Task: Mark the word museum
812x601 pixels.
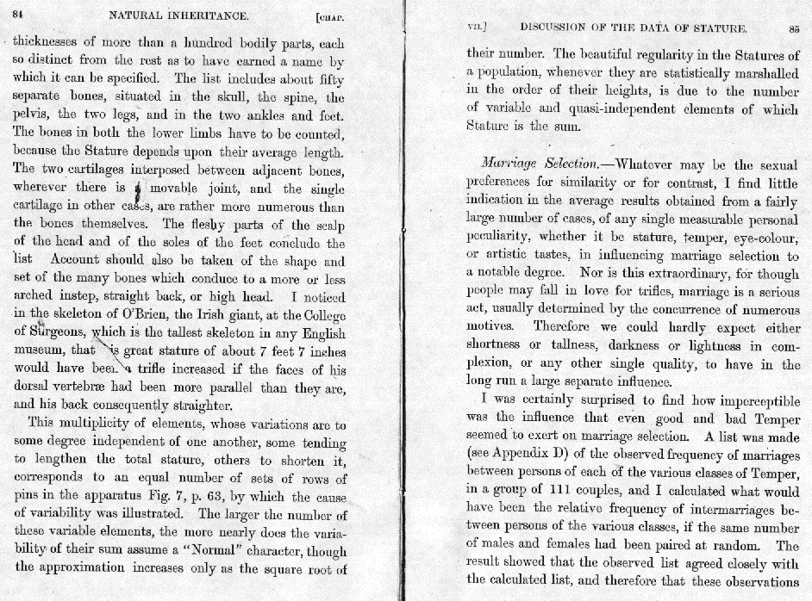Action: tap(41, 351)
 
